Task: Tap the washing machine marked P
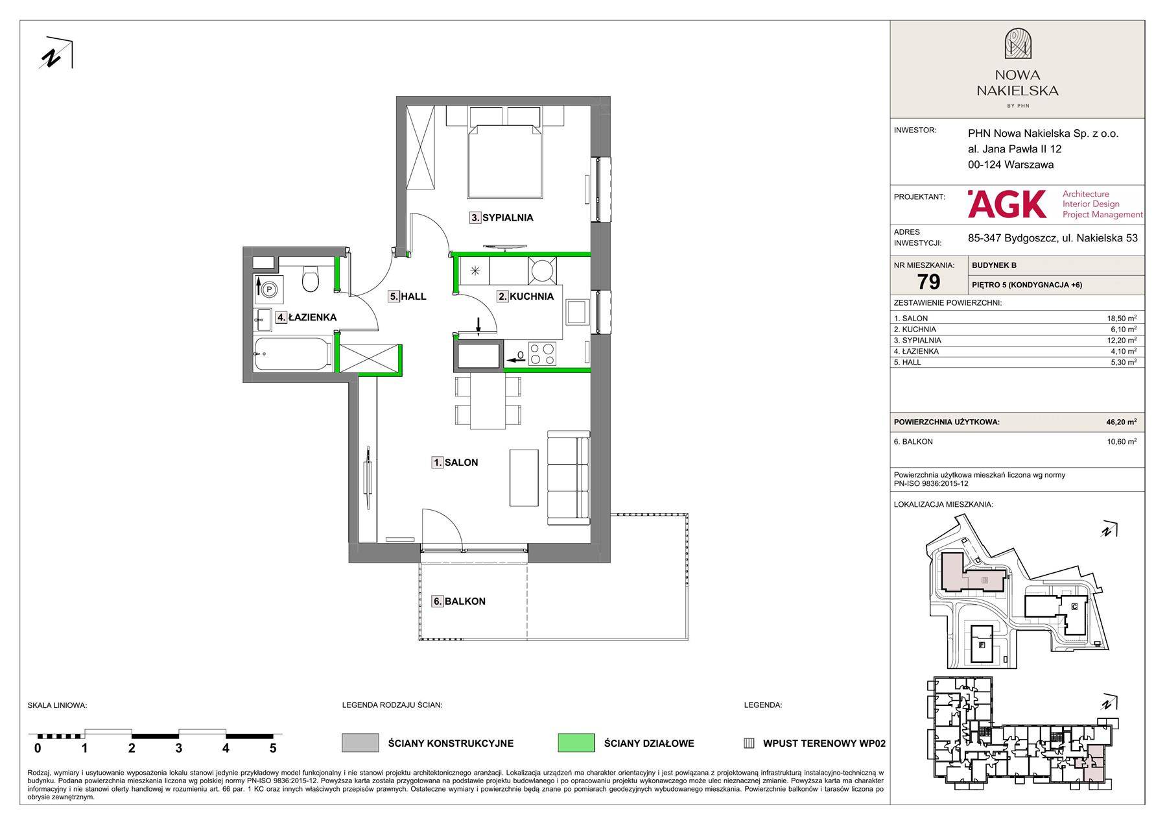[x=268, y=288]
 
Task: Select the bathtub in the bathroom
[x=294, y=354]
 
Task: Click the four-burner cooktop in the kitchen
[x=542, y=354]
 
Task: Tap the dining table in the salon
[x=488, y=402]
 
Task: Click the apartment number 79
[x=928, y=282]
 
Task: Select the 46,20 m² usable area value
[x=1121, y=422]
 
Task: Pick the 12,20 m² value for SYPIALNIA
[x=1121, y=340]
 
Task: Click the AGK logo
[x=1007, y=204]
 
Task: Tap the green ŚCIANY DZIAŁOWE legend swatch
[x=576, y=743]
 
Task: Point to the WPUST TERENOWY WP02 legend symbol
[x=749, y=744]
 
